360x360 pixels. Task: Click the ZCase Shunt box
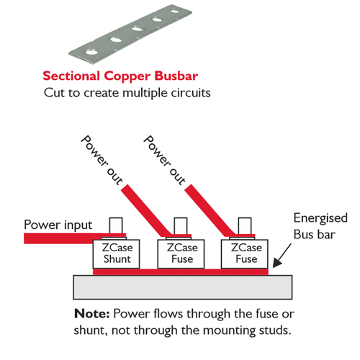[116, 253]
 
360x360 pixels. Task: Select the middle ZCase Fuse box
[181, 253]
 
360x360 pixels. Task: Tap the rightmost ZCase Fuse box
[245, 253]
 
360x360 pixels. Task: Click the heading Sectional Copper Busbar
[120, 76]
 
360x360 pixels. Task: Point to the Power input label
[58, 225]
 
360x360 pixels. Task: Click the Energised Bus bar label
[320, 226]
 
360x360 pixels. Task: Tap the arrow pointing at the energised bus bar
[282, 256]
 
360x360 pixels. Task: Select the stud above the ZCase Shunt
[116, 225]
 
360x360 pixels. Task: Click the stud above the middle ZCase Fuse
[181, 225]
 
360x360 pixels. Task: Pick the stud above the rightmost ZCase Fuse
[245, 225]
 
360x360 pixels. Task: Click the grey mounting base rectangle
[183, 287]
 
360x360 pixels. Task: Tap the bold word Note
[92, 313]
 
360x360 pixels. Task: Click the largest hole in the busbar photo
[92, 52]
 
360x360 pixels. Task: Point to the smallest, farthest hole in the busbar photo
[174, 11]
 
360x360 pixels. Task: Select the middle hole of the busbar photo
[137, 30]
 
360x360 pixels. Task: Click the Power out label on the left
[102, 160]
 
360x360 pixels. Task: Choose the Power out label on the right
[164, 160]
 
